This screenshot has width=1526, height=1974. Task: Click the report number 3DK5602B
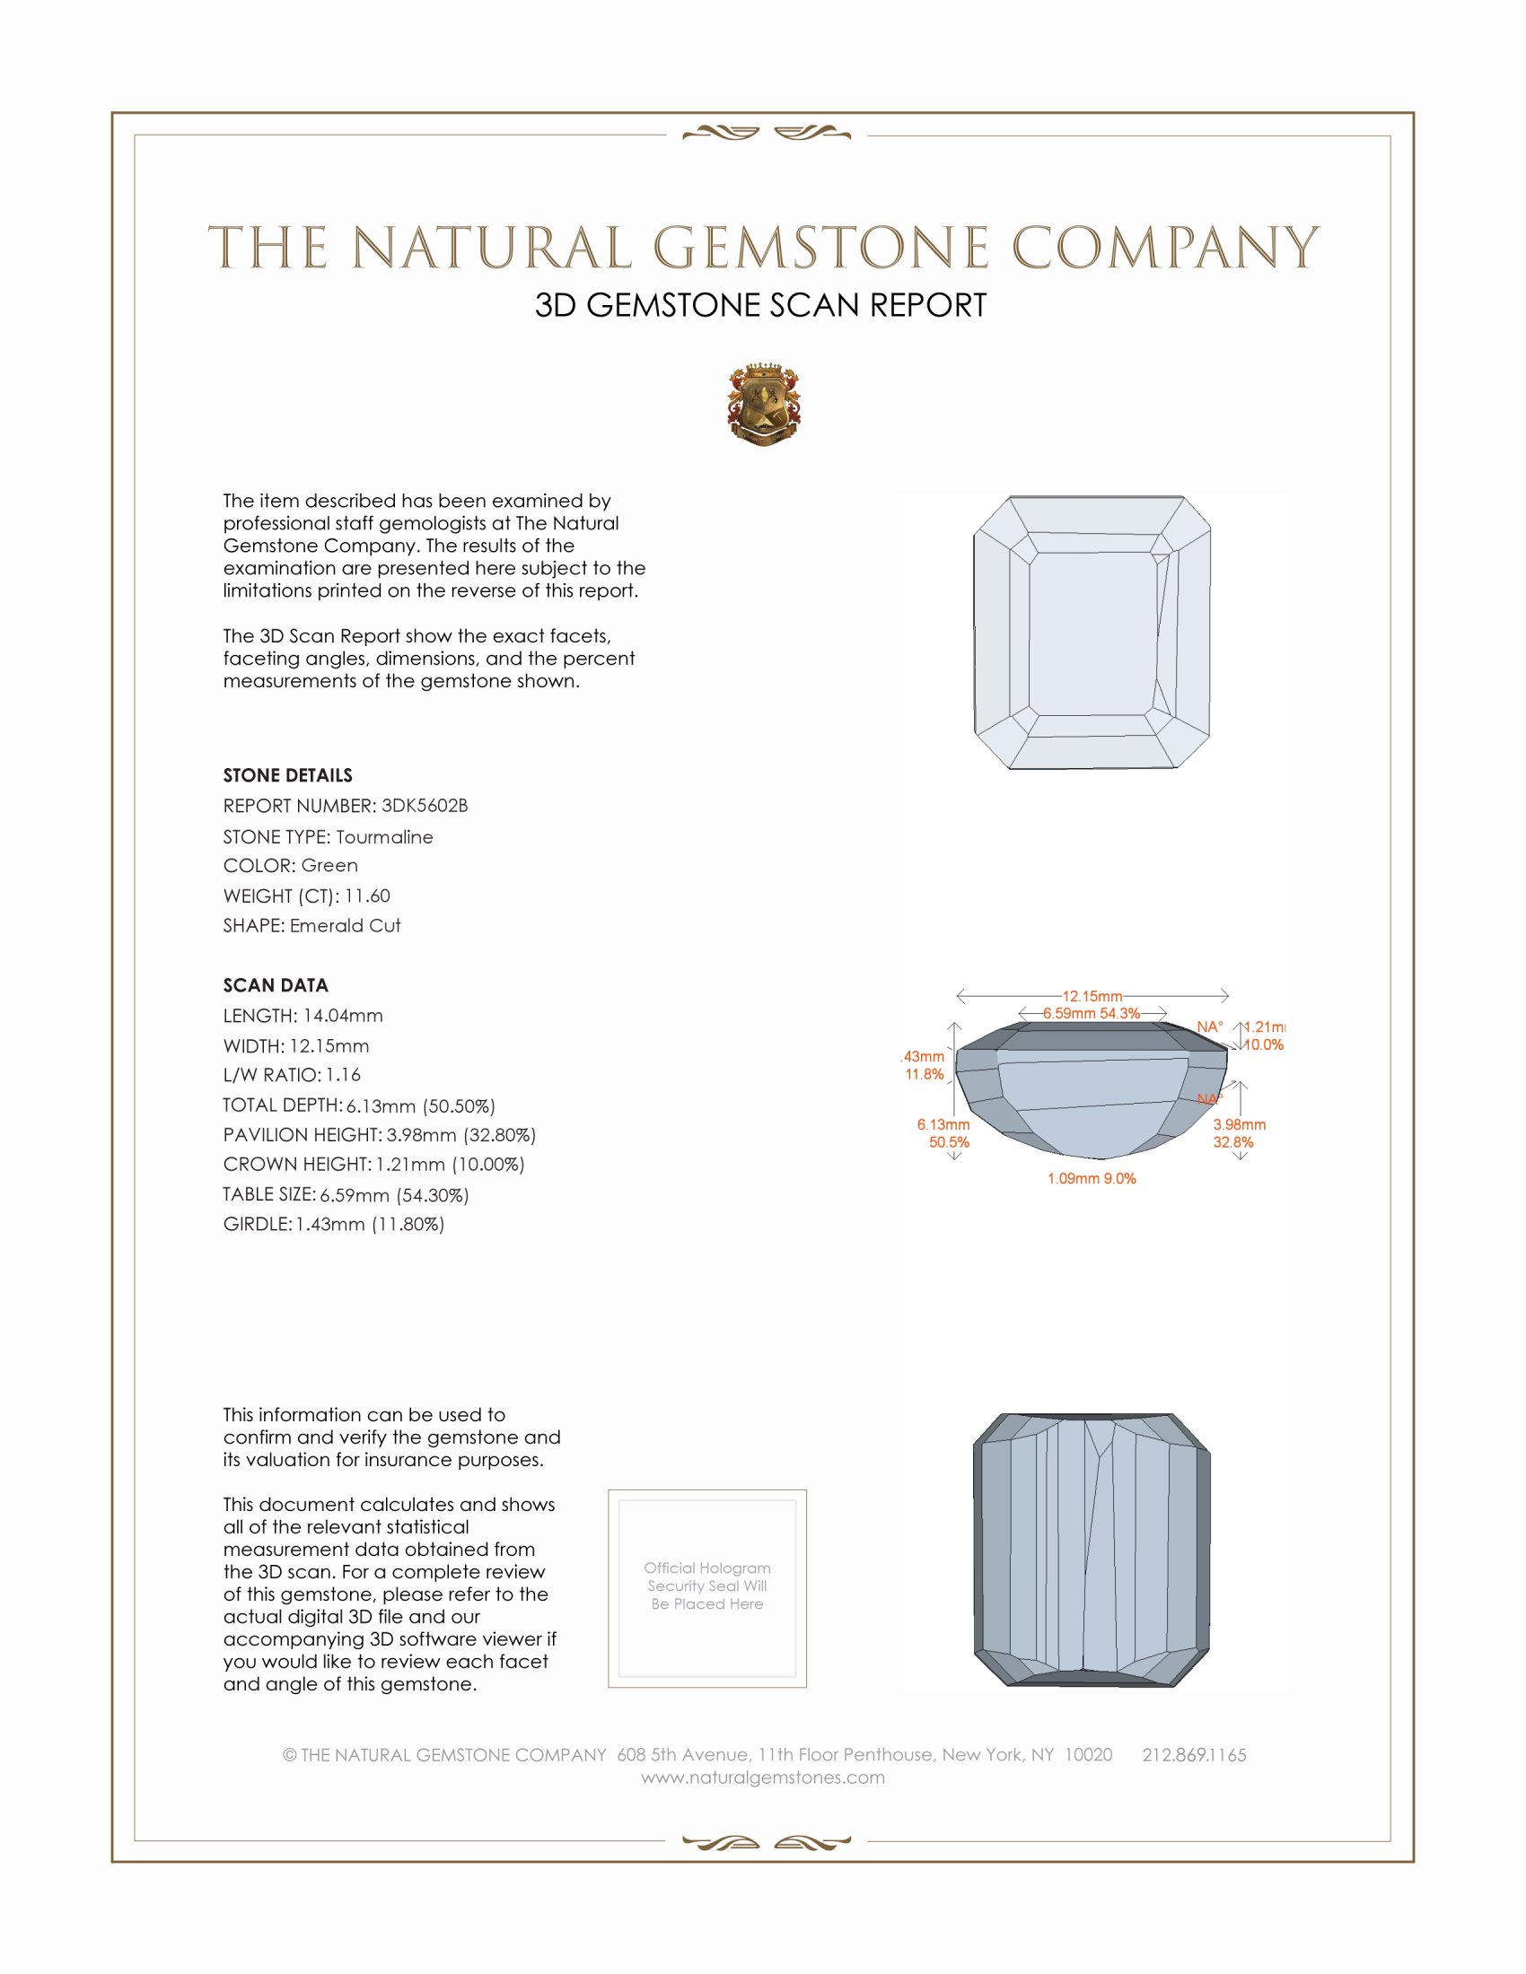pyautogui.click(x=424, y=806)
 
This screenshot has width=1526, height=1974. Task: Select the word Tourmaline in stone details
pyautogui.click(x=384, y=837)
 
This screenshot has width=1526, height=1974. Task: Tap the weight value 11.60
pyautogui.click(x=367, y=895)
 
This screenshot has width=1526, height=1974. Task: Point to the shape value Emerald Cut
pyautogui.click(x=345, y=926)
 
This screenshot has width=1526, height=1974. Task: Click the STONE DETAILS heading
pyautogui.click(x=287, y=775)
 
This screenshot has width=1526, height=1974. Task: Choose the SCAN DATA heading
pyautogui.click(x=276, y=985)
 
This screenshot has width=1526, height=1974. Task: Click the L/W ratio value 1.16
pyautogui.click(x=343, y=1075)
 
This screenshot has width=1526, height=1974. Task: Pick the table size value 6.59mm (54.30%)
pyautogui.click(x=394, y=1195)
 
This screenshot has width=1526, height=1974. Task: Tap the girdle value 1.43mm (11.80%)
pyautogui.click(x=370, y=1225)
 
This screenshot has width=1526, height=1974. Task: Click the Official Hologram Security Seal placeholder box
pyautogui.click(x=707, y=1588)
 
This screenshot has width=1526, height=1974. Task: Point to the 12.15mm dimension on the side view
pyautogui.click(x=1092, y=996)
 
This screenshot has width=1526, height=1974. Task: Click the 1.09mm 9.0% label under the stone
pyautogui.click(x=1092, y=1179)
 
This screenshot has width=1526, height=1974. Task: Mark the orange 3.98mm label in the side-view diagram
pyautogui.click(x=1239, y=1124)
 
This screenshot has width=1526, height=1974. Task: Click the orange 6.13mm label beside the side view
pyautogui.click(x=943, y=1124)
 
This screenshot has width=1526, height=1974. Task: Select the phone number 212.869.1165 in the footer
pyautogui.click(x=1193, y=1755)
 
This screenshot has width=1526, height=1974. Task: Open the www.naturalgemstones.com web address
pyautogui.click(x=763, y=1777)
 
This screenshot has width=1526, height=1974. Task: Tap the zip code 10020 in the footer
pyautogui.click(x=1089, y=1755)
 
